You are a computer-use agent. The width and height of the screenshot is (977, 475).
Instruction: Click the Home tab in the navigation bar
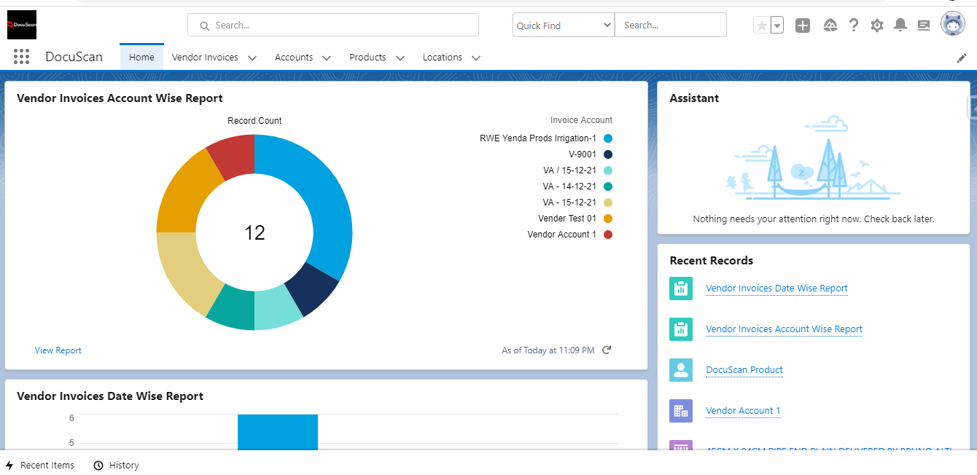141,57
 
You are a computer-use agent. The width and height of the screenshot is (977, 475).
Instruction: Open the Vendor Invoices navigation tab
205,57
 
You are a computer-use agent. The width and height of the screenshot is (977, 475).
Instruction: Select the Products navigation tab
367,57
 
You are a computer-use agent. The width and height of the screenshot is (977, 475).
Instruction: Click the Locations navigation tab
443,57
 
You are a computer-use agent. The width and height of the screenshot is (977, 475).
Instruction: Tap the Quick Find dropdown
564,25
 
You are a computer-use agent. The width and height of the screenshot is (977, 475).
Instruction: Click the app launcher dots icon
21,57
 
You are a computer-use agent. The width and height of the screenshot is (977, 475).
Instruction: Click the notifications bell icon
900,25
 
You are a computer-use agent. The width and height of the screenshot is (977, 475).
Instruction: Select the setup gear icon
877,25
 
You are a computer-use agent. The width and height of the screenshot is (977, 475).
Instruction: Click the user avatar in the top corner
952,25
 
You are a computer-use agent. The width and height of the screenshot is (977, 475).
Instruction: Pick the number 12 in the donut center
254,232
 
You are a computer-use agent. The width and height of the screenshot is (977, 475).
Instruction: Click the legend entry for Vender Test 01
567,219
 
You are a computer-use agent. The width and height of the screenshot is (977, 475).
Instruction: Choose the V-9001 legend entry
583,154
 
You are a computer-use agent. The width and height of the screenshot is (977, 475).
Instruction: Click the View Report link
58,350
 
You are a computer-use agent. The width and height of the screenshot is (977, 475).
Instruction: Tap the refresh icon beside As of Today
607,350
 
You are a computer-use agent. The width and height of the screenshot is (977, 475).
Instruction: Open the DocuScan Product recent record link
744,370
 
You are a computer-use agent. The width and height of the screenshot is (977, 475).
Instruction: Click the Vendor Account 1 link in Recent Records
743,411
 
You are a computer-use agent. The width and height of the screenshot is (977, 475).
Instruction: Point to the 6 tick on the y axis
71,418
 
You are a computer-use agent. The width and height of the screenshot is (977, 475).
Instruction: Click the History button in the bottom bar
117,466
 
